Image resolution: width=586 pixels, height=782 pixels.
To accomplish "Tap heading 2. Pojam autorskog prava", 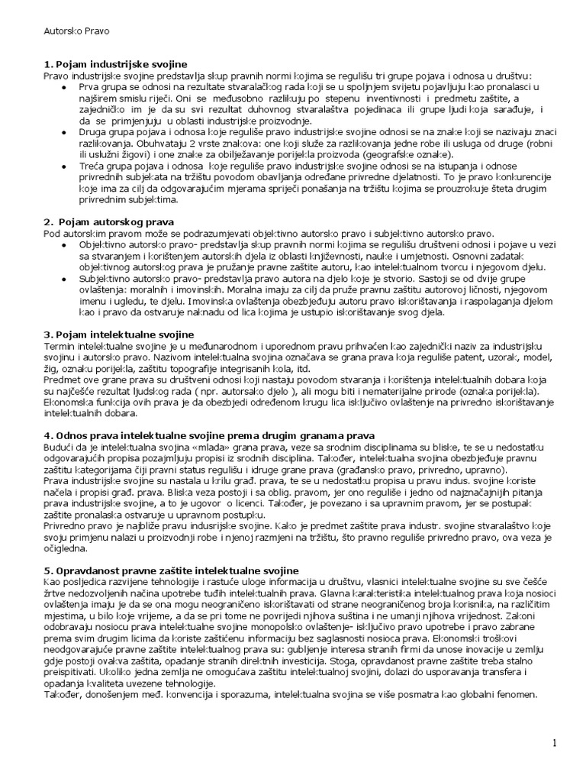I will pyautogui.click(x=109, y=221).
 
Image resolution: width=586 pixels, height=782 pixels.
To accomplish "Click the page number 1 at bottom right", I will pyautogui.click(x=555, y=742).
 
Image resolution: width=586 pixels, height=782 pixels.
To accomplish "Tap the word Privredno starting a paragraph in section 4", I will pyautogui.click(x=67, y=527).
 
